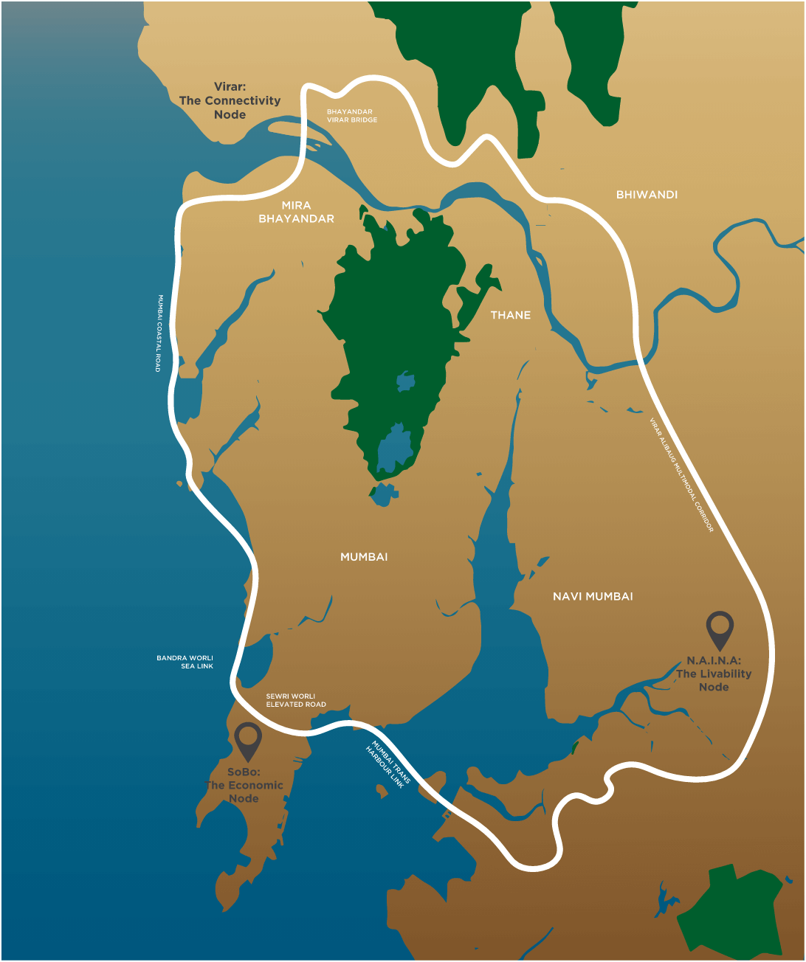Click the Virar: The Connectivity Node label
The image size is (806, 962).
click(x=230, y=100)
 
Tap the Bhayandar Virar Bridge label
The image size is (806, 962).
click(x=351, y=116)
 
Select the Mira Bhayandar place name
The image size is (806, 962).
click(x=296, y=212)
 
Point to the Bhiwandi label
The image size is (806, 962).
click(x=647, y=195)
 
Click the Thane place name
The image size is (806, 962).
click(x=510, y=315)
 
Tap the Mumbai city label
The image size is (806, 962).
click(x=364, y=557)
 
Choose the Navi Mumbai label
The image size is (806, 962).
click(x=593, y=596)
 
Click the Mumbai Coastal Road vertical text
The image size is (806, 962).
click(x=158, y=333)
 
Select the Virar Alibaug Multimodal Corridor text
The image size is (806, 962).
click(x=681, y=475)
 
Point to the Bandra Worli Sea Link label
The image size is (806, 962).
click(x=185, y=662)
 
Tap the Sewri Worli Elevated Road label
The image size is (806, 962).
click(x=295, y=700)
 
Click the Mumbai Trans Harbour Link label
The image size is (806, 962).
click(x=387, y=765)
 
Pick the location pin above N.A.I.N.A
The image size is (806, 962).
click(x=720, y=629)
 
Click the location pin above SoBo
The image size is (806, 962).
click(x=248, y=740)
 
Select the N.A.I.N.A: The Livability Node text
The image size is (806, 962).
click(x=714, y=674)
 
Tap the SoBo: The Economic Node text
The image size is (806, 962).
click(x=244, y=785)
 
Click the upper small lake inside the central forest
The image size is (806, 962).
click(x=405, y=381)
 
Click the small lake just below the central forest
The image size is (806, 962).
click(x=383, y=494)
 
